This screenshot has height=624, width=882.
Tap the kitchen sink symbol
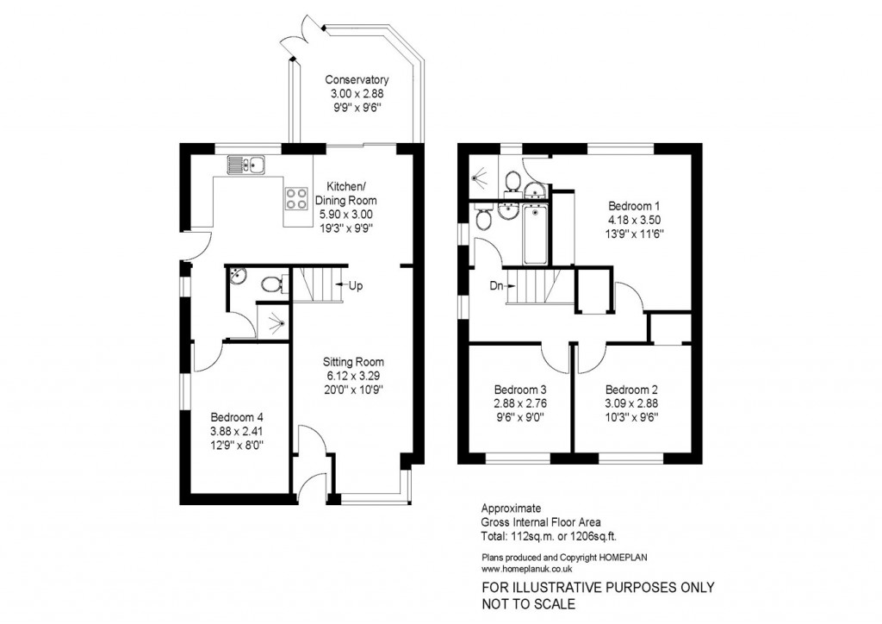248,164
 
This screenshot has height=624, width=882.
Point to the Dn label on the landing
496,285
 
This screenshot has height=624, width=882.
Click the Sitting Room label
353,362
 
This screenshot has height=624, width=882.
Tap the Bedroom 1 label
634,207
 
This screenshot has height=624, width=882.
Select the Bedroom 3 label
519,389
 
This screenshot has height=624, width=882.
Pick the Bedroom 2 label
633,389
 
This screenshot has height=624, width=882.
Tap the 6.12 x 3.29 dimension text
353,376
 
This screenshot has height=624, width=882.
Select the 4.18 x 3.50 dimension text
634,221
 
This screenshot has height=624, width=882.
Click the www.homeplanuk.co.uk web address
527,569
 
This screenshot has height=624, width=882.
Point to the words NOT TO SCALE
528,604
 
